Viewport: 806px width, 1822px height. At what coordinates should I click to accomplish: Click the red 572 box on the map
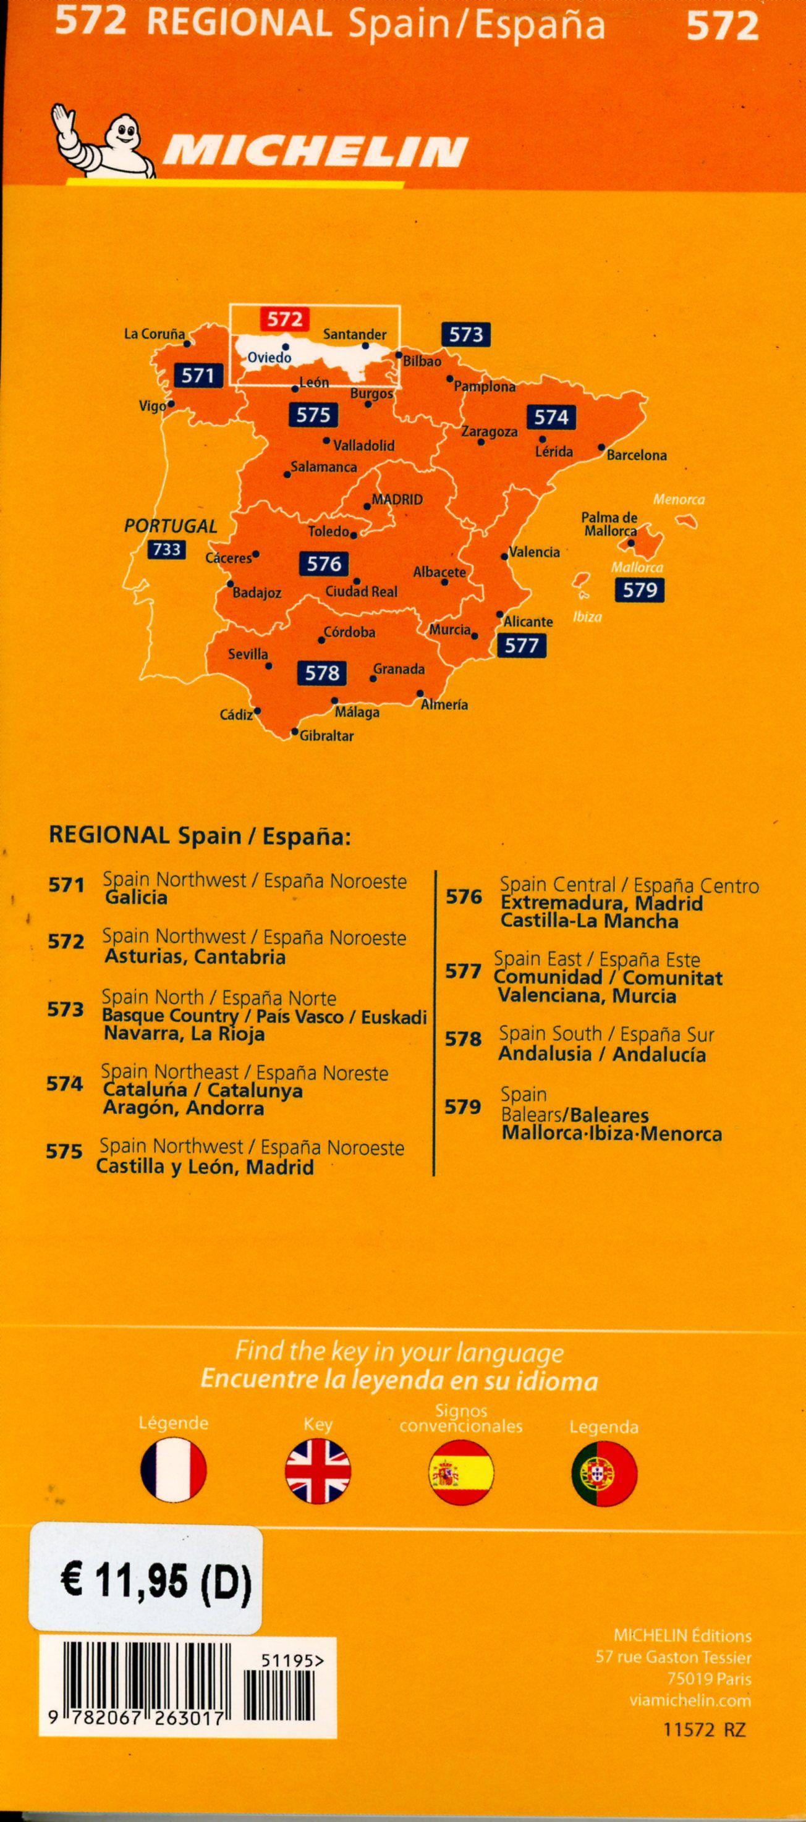284,319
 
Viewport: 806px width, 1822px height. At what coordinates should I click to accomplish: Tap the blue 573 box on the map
465,334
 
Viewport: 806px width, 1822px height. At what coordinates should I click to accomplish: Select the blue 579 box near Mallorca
640,589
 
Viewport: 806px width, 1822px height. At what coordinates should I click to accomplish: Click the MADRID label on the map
397,499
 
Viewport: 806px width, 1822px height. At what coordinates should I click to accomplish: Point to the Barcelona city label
637,455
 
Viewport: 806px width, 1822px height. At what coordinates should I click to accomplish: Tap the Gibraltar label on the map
326,736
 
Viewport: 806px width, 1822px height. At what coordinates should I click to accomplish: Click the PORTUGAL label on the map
171,526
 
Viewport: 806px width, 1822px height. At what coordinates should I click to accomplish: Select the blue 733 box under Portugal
166,549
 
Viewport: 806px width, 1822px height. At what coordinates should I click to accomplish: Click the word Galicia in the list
135,898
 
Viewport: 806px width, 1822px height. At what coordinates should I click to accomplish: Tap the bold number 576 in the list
464,897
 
